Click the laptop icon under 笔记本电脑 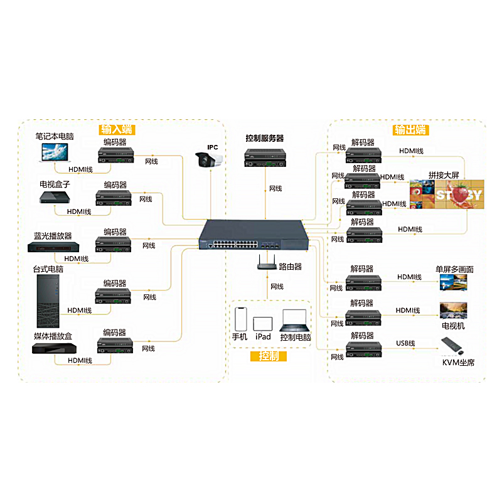click(x=55, y=152)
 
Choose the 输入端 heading click(x=117, y=130)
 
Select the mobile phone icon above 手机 click(x=241, y=318)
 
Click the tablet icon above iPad click(x=263, y=323)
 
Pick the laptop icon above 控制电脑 click(x=296, y=320)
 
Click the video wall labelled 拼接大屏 click(x=447, y=195)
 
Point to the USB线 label click(x=406, y=343)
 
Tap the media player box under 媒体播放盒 click(x=53, y=348)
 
